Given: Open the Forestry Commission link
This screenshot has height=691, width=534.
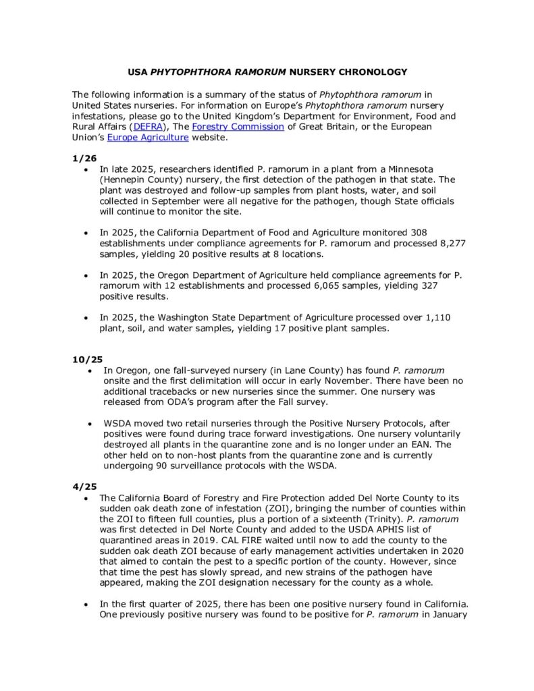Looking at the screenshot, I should click(x=238, y=126).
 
